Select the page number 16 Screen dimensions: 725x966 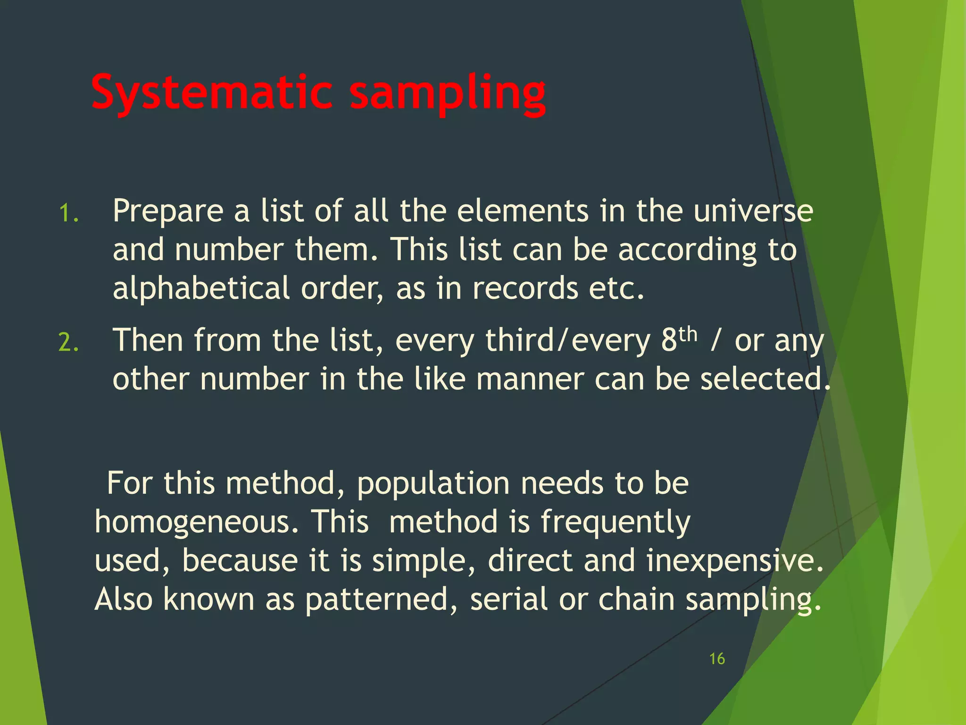717,659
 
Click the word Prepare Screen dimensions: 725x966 167,212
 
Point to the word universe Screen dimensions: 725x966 753,211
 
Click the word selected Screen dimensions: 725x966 765,379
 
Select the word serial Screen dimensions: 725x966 509,599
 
